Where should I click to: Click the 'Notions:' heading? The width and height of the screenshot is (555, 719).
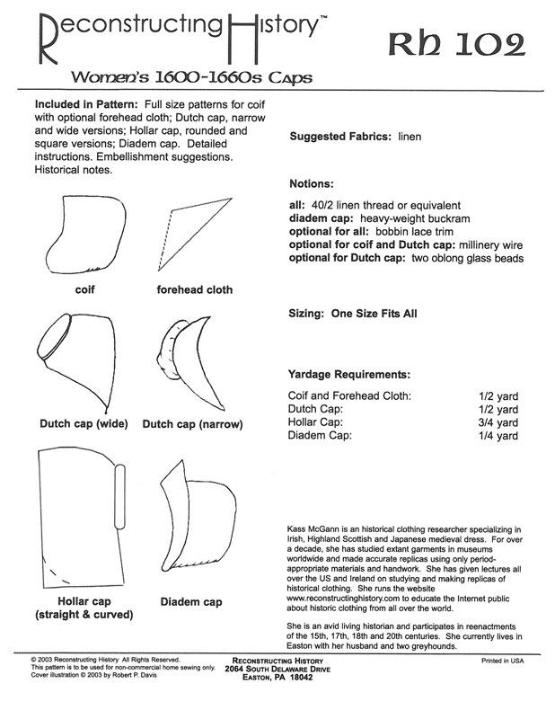point(312,183)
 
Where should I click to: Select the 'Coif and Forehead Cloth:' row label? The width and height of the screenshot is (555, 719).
point(349,395)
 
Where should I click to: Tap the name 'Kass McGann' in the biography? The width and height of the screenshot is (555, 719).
point(315,532)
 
